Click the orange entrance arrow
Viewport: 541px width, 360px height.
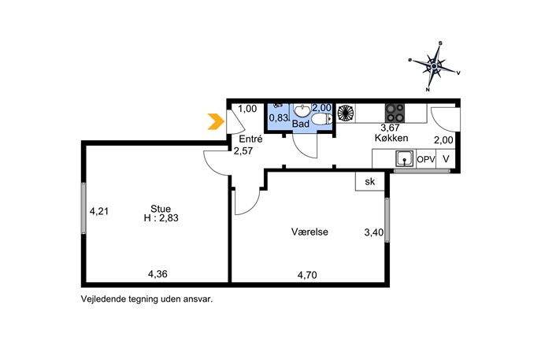(216, 121)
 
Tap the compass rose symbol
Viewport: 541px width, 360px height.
(435, 66)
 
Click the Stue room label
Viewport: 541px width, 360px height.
(161, 209)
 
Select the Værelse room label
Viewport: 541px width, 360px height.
(309, 232)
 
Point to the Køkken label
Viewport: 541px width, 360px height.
(391, 138)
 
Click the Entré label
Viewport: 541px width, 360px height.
(251, 139)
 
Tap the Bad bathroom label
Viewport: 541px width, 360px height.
(301, 124)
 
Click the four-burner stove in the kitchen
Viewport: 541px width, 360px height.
(395, 113)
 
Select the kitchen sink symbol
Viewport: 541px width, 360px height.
(404, 159)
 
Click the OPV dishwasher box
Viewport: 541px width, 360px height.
(426, 159)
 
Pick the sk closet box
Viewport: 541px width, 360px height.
(369, 181)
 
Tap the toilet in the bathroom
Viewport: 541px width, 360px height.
(321, 120)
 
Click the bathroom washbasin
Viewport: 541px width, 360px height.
(303, 111)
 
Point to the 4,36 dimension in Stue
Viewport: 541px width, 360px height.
(157, 274)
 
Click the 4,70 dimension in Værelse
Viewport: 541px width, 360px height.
(307, 275)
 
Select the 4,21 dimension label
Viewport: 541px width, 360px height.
(99, 210)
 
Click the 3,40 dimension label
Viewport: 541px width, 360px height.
(374, 232)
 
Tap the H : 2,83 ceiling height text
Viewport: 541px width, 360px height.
(161, 217)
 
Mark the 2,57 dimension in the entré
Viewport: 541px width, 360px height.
(243, 150)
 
